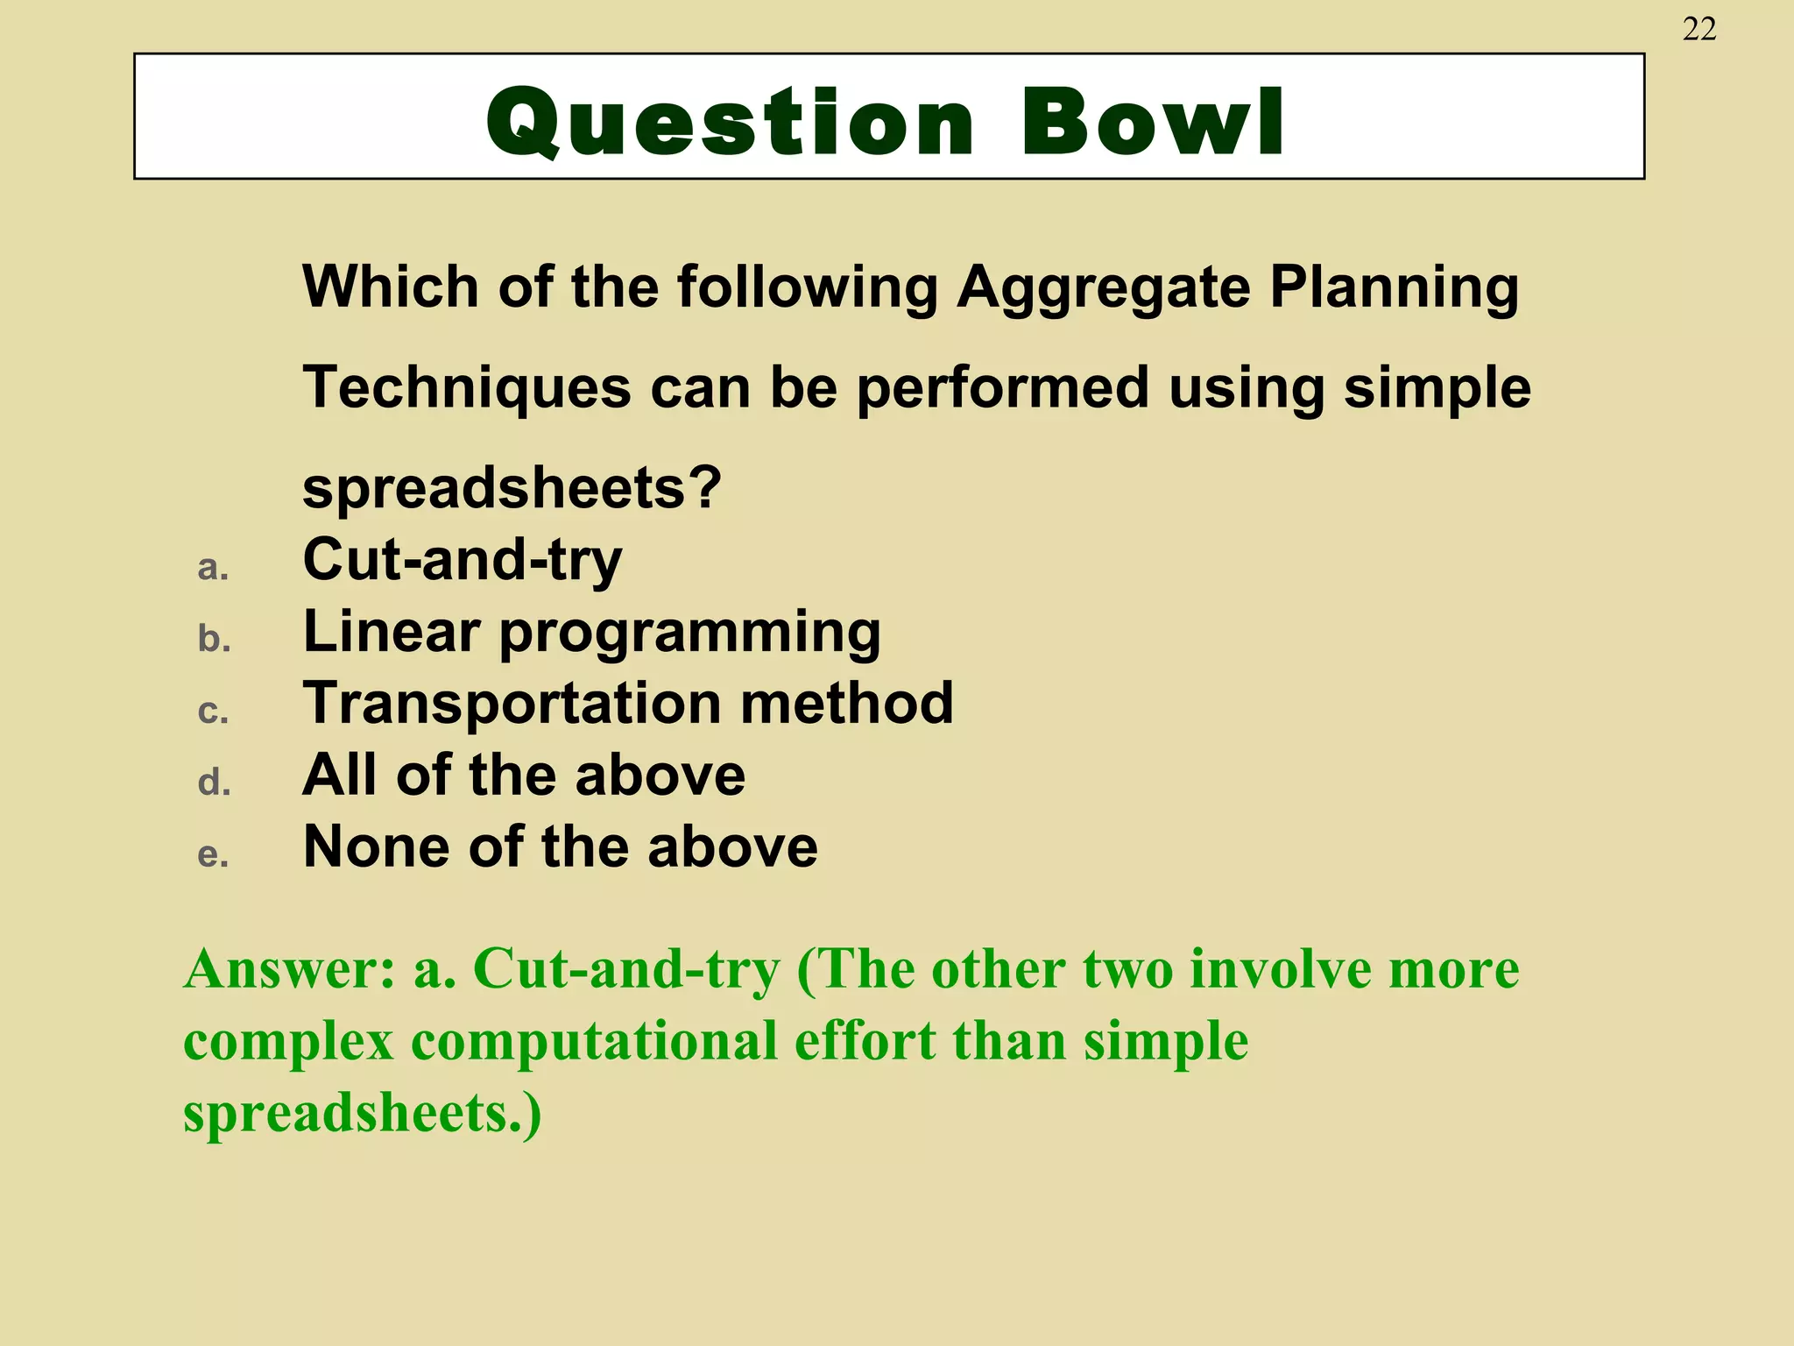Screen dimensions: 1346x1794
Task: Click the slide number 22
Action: click(x=1699, y=30)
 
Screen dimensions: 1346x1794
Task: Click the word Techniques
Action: click(x=466, y=387)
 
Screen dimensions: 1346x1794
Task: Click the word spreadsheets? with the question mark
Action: click(x=512, y=489)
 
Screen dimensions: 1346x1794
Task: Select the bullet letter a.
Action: click(x=213, y=568)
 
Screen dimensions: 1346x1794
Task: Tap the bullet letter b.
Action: click(x=214, y=639)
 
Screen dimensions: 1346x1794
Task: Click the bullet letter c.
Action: click(x=213, y=711)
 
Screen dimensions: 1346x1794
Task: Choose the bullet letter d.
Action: click(x=214, y=782)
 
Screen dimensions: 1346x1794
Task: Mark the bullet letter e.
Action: click(x=213, y=854)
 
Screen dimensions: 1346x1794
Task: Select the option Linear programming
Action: click(x=591, y=633)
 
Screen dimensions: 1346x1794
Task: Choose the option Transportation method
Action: click(x=627, y=703)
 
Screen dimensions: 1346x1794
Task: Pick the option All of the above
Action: click(x=523, y=776)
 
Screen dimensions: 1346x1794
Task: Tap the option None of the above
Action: click(x=560, y=847)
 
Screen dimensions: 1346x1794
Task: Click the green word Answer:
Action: click(x=290, y=970)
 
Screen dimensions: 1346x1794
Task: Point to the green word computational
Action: click(x=594, y=1042)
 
